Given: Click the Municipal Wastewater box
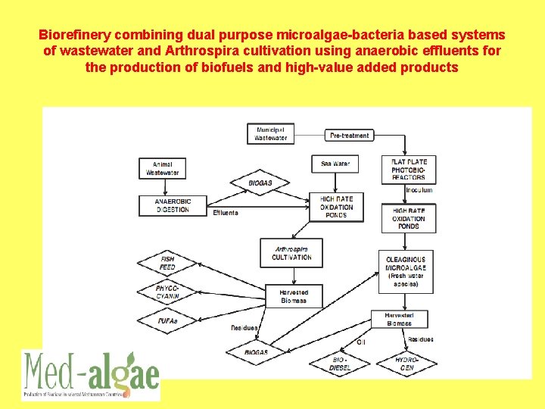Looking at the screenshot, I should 270,134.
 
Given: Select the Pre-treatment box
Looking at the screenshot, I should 350,136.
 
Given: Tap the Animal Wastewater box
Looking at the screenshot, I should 163,168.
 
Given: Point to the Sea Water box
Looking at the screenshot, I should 335,163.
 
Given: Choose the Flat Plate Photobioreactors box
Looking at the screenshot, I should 409,169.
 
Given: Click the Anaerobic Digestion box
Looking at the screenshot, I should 173,205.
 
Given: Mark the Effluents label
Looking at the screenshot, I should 226,213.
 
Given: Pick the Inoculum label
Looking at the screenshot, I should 419,190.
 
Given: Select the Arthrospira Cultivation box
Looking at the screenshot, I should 291,253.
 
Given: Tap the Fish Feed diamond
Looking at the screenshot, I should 167,263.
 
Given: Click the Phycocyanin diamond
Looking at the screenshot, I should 167,292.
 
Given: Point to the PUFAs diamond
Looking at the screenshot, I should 167,321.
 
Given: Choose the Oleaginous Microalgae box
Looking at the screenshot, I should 406,271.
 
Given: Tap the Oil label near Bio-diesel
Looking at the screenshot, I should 360,342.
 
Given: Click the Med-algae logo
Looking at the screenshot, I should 91,374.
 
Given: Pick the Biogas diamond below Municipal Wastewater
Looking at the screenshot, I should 260,183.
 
